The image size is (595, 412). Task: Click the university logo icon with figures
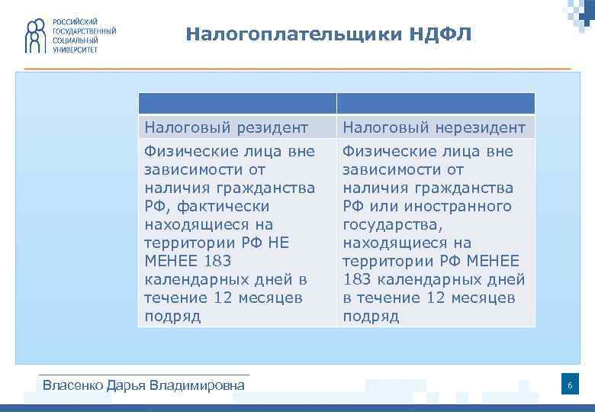(36, 36)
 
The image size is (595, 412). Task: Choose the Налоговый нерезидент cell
(436, 127)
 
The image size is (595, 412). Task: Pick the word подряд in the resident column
(172, 316)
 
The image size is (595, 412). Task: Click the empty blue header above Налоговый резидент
(237, 104)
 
